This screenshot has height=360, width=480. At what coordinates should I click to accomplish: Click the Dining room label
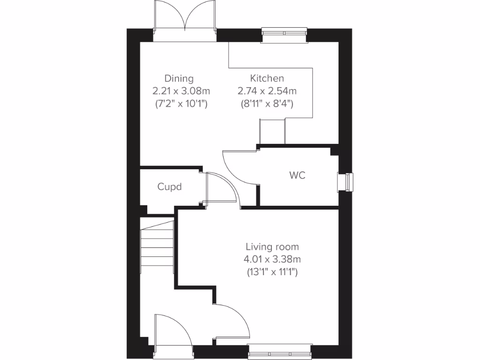[x=179, y=78]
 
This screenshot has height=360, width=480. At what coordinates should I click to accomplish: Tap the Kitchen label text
[x=267, y=78]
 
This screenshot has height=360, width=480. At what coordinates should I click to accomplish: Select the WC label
[x=297, y=175]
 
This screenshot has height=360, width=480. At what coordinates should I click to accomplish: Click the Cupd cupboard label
[x=169, y=187]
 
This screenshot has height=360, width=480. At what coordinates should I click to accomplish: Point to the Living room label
[x=272, y=247]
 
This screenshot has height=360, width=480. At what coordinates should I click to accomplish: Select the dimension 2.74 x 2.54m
[x=267, y=91]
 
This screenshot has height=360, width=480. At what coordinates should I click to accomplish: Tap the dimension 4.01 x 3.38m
[x=272, y=259]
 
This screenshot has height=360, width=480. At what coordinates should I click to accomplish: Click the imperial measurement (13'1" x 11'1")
[x=272, y=271]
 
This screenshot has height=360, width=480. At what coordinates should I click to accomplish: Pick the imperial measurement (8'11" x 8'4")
[x=267, y=103]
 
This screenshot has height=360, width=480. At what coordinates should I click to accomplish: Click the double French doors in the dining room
[x=185, y=19]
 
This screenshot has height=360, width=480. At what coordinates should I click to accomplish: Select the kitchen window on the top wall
[x=284, y=35]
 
